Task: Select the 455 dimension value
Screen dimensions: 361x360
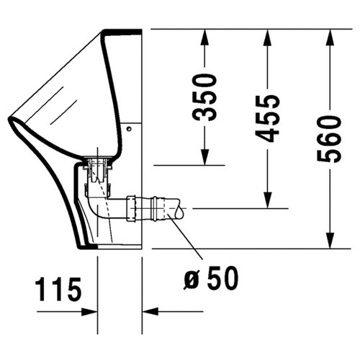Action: [x=268, y=117]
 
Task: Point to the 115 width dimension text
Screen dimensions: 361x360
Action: [x=58, y=292]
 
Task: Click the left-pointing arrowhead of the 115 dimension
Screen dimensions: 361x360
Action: [x=148, y=312]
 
